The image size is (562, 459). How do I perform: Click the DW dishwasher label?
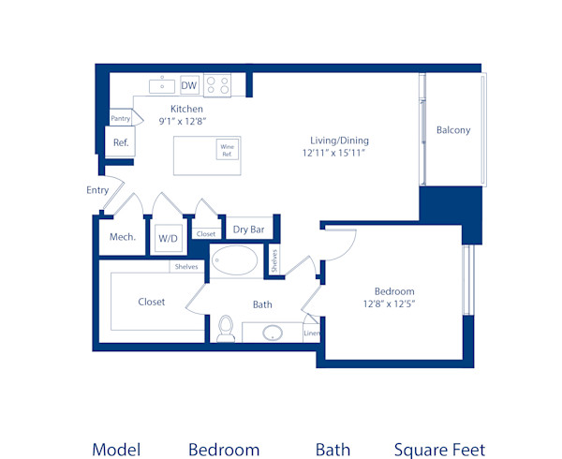pos(189,86)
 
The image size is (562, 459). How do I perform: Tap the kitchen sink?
pos(162,86)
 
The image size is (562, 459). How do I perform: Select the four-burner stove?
pos(217,85)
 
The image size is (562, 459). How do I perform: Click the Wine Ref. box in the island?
pos(227,149)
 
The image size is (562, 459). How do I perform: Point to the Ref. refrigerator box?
pos(121,142)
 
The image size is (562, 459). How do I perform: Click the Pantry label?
pos(121,119)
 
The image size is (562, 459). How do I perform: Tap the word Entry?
pos(97,190)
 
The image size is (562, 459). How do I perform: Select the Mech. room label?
pos(123,237)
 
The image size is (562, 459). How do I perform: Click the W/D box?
pos(169,238)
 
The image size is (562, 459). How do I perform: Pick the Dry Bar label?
pos(246,229)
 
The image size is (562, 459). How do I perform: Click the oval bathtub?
pos(239,260)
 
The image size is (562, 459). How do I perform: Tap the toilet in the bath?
pos(225,329)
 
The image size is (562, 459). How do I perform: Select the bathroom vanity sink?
pos(273,333)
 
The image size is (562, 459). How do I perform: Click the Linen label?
pos(312,333)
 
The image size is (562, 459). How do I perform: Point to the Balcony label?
pos(453,130)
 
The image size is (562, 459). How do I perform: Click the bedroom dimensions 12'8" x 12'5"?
pos(388,304)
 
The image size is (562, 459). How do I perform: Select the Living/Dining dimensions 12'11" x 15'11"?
pos(333,152)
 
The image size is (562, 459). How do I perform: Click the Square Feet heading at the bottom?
pos(439,450)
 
